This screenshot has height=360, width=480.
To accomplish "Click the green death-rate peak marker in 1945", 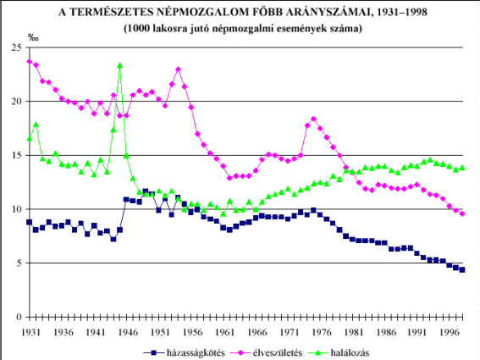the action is pyautogui.click(x=120, y=65).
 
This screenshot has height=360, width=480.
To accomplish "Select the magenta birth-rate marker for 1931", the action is pyautogui.click(x=30, y=62).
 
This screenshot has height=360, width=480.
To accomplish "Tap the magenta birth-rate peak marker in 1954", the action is pyautogui.click(x=178, y=69).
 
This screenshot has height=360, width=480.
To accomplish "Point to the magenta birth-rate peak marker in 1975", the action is pyautogui.click(x=313, y=119).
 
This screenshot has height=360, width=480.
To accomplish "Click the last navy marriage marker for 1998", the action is pyautogui.click(x=462, y=270).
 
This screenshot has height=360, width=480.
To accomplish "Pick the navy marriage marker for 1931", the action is pyautogui.click(x=30, y=222).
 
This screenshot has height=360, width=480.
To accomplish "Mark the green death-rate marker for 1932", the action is pyautogui.click(x=36, y=125).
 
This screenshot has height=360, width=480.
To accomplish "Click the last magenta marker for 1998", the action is pyautogui.click(x=462, y=213).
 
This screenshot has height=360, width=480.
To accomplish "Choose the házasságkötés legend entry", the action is pyautogui.click(x=184, y=352).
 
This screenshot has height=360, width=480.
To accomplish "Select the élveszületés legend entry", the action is pyautogui.click(x=266, y=352).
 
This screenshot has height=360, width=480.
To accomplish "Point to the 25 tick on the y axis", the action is pyautogui.click(x=17, y=47).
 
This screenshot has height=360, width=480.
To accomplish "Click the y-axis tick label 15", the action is pyautogui.click(x=17, y=155).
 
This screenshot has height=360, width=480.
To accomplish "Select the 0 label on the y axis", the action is pyautogui.click(x=19, y=317).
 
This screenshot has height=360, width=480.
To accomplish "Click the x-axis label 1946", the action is pyautogui.click(x=128, y=332).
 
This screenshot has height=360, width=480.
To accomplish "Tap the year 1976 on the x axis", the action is pyautogui.click(x=322, y=332).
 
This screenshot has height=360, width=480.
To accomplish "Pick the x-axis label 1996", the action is pyautogui.click(x=450, y=332).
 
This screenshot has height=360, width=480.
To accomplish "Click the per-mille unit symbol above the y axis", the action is pyautogui.click(x=33, y=38).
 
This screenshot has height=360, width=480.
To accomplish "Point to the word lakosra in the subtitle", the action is pyautogui.click(x=170, y=29).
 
